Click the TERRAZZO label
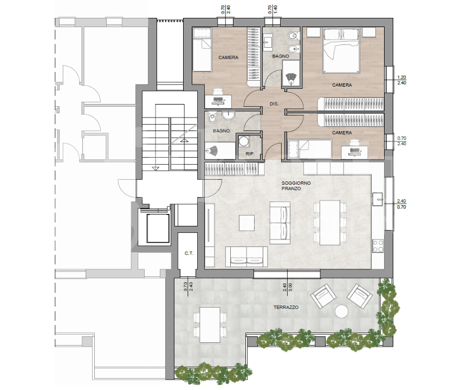point(286,307)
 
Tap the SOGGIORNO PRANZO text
point(296,186)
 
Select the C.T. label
point(189,253)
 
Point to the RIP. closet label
point(250,154)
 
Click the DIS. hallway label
point(274,104)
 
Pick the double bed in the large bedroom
point(341,50)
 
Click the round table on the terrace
point(342,311)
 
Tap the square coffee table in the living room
point(246,223)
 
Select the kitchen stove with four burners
point(378,246)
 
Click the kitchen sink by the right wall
point(378,199)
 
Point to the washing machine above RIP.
point(243,141)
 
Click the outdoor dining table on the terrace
point(210,325)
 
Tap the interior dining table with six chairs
point(329,223)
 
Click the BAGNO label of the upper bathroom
point(281,56)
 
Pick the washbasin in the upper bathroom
point(268,41)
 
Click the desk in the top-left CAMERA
point(218,101)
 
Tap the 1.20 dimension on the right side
point(401,77)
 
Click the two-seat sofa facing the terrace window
point(246,257)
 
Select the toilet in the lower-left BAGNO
point(212,118)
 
